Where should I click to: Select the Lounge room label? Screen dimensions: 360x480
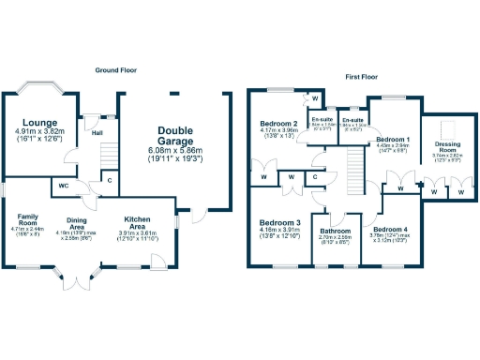(40, 123)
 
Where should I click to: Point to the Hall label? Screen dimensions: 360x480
(97, 133)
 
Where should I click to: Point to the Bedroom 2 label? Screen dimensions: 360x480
(278, 123)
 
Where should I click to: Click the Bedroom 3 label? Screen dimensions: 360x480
(278, 222)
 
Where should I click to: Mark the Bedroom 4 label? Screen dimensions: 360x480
(390, 229)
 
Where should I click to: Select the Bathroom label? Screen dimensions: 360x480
(336, 231)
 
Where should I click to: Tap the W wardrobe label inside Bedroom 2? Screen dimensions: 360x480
(315, 98)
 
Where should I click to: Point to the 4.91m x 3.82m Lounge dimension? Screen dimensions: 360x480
(40, 132)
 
